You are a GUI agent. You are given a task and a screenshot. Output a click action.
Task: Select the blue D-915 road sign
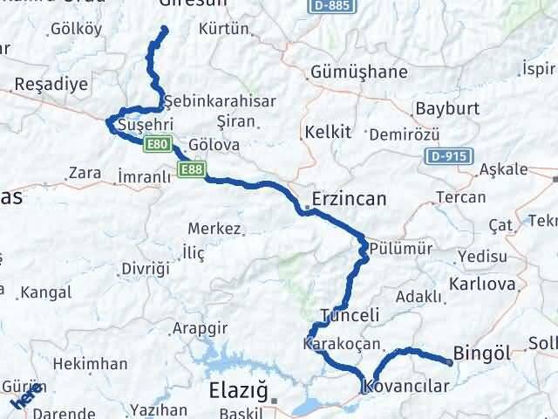(450, 156)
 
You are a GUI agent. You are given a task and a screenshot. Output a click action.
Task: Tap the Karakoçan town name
(341, 342)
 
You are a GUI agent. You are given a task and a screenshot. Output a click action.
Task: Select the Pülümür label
(400, 249)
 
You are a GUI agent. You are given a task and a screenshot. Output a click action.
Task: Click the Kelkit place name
(327, 133)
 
